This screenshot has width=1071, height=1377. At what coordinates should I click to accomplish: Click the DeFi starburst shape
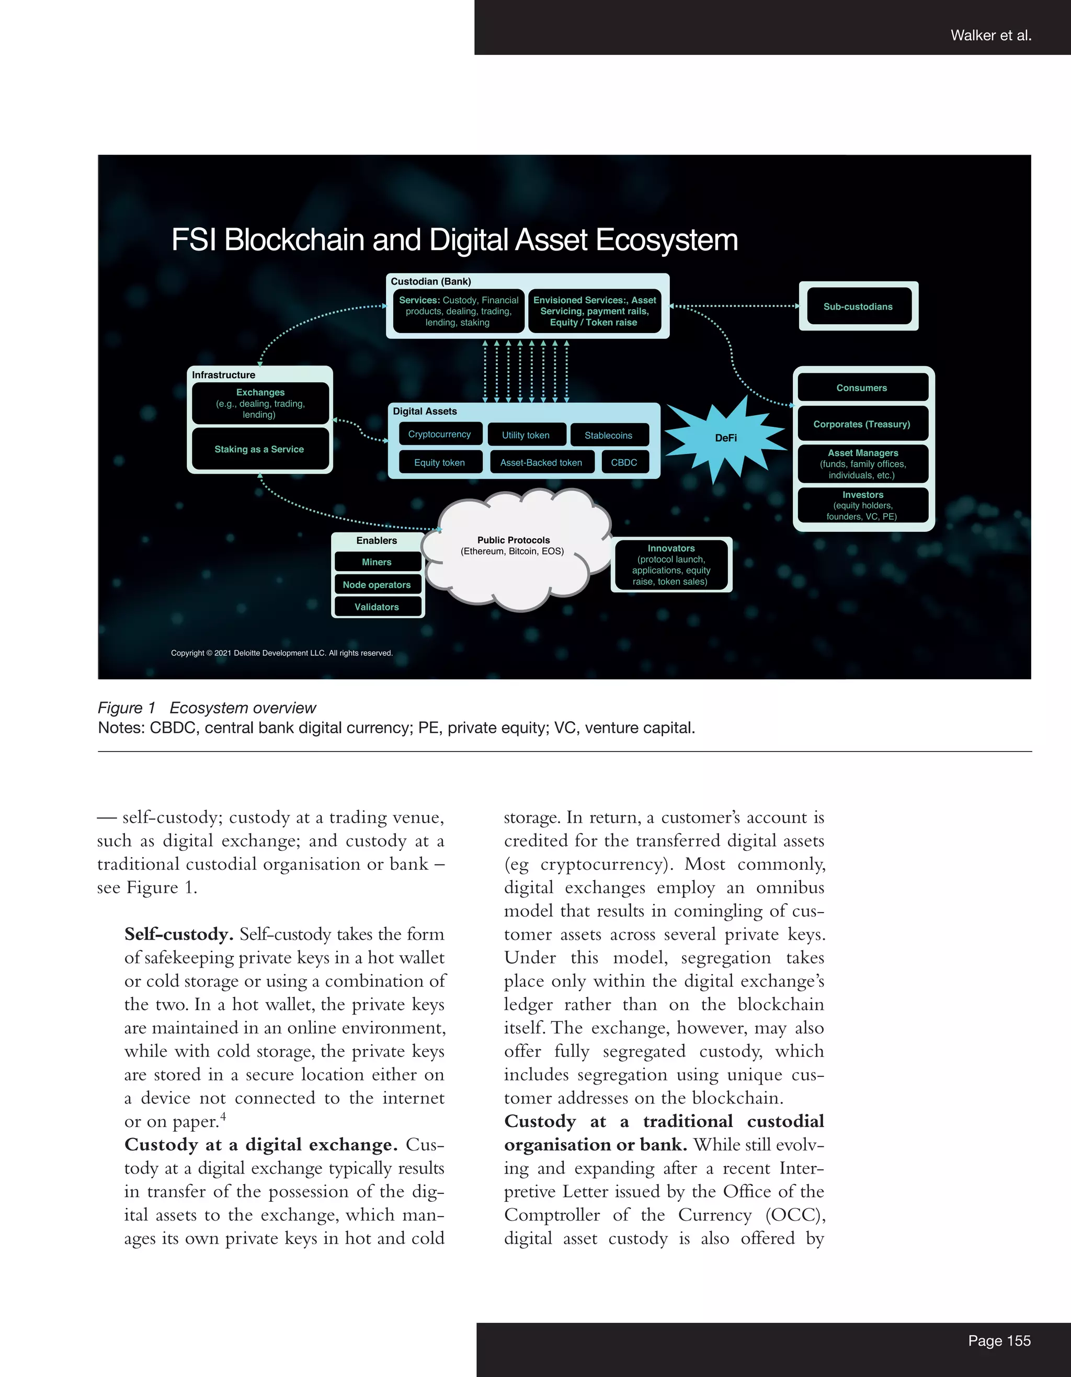[725, 438]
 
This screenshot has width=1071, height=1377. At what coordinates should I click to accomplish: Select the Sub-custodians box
[858, 306]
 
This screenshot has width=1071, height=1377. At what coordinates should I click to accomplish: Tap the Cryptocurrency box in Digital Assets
[439, 435]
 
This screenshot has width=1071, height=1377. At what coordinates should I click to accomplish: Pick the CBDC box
[624, 462]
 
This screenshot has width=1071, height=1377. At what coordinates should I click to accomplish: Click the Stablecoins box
[608, 435]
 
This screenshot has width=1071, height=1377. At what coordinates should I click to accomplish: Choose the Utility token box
[526, 435]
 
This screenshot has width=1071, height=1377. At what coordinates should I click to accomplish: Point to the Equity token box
[439, 462]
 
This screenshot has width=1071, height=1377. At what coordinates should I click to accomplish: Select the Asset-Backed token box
[541, 462]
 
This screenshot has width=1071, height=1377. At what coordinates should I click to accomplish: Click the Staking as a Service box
[259, 449]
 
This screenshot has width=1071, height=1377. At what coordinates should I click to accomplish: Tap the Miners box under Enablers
[377, 562]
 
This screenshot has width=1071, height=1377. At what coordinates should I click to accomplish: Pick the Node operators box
[377, 585]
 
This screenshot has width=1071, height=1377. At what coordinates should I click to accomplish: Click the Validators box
[377, 607]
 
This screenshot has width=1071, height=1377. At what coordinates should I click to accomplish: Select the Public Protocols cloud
[513, 555]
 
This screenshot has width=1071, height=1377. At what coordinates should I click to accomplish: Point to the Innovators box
[671, 564]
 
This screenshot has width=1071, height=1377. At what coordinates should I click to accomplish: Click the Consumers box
[862, 388]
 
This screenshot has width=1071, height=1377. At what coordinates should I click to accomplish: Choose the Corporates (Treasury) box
[862, 424]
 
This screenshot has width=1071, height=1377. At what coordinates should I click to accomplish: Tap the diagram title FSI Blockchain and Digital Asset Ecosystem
[454, 240]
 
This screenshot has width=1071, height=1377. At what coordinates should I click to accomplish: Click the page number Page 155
[999, 1340]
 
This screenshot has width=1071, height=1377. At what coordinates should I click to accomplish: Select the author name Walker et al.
[991, 36]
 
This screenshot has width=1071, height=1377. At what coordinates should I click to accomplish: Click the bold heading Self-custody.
[179, 934]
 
